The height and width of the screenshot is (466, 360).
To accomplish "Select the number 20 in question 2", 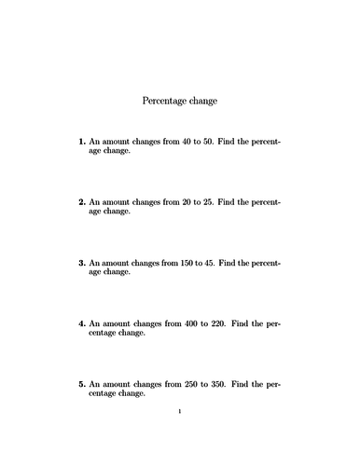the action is click(x=176, y=201).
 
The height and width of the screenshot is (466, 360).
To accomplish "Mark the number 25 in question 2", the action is click(x=208, y=201).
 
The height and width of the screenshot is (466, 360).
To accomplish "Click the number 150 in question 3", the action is click(x=179, y=263).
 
